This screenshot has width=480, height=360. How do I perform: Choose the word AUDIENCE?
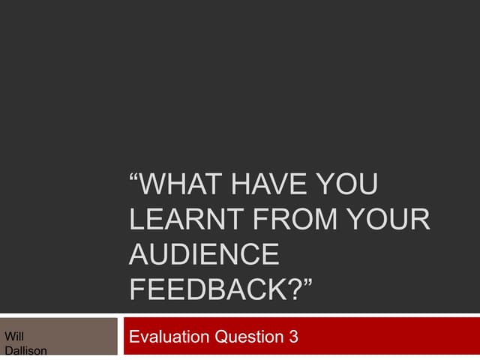point(204,255)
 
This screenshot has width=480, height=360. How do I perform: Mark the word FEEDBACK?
point(211,289)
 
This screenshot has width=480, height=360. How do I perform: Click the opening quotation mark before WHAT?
point(134,182)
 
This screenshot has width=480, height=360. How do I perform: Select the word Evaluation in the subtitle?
point(169,337)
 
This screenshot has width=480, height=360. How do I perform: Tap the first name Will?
point(13,337)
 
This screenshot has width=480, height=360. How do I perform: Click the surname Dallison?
point(25,351)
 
